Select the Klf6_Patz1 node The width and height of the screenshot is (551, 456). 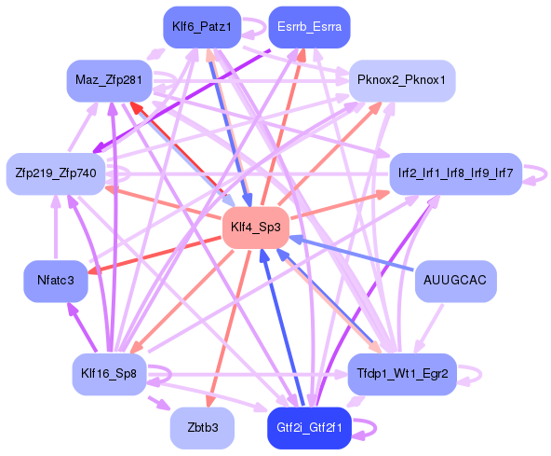pyautogui.click(x=202, y=27)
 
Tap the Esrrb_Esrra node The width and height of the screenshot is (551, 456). pyautogui.click(x=309, y=27)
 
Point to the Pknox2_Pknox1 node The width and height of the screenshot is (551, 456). pyautogui.click(x=401, y=80)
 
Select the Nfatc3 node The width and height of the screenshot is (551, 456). pyautogui.click(x=56, y=280)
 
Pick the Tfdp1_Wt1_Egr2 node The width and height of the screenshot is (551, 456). pyautogui.click(x=402, y=374)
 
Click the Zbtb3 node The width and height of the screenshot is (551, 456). pyautogui.click(x=202, y=428)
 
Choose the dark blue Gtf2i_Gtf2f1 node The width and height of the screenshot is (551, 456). pyautogui.click(x=309, y=428)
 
